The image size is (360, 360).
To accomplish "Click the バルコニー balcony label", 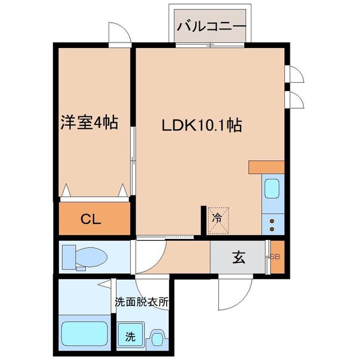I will [x=211, y=27].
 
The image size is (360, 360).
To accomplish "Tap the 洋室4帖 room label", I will [x=88, y=124].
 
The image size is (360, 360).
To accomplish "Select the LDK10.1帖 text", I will [x=201, y=126].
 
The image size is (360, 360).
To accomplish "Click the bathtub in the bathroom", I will [x=84, y=333].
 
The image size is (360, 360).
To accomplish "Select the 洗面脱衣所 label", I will [x=141, y=302].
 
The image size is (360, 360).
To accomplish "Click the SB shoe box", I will [x=276, y=257].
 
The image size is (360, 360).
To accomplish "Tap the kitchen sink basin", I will [x=271, y=190].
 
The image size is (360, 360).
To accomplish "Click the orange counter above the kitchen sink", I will [x=266, y=167].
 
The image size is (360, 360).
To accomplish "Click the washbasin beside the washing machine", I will [x=157, y=339].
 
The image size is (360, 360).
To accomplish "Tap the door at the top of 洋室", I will [x=118, y=34].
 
